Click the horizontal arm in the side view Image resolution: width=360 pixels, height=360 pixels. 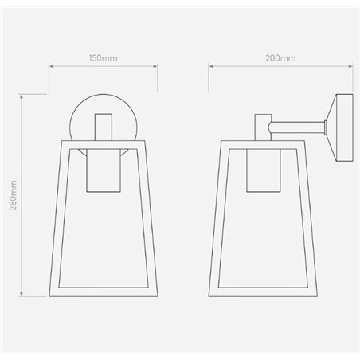coord(299,125)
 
